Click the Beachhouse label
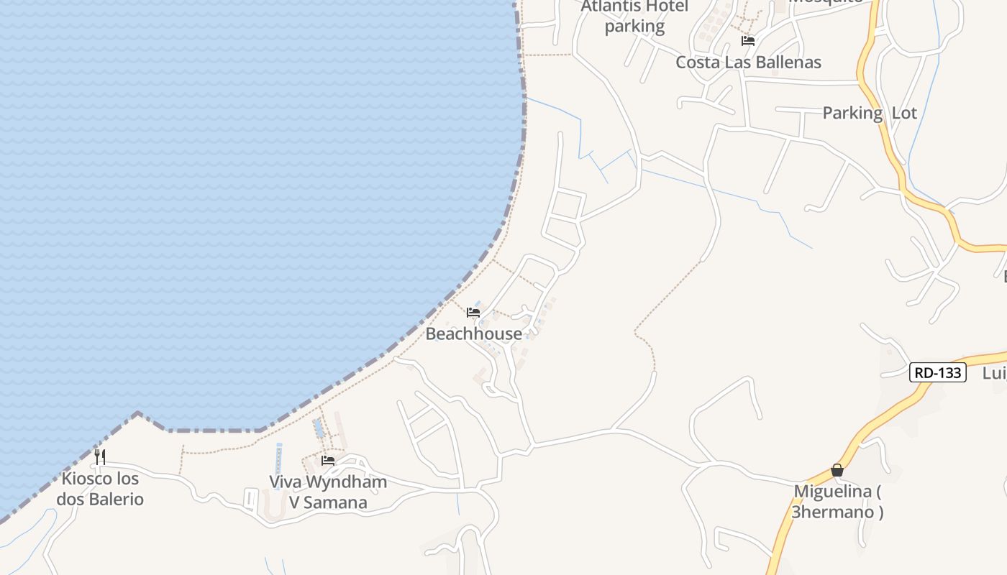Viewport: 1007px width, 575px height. pos(473,333)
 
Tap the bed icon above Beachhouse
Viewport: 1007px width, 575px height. pos(473,313)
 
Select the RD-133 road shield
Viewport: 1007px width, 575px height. pos(937,372)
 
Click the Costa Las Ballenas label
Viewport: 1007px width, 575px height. pos(748,62)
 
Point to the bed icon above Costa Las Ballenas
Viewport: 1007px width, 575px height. pos(748,41)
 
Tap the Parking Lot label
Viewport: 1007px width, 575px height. pos(870,113)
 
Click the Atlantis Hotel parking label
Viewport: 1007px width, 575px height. pos(634,16)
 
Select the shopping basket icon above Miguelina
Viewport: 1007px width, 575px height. pos(837,471)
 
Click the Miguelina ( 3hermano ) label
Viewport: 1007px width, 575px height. pos(837,502)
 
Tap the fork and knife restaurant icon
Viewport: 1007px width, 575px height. pos(100,456)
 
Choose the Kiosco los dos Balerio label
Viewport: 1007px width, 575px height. pos(101,489)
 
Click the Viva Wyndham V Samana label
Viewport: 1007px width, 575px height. pos(328,492)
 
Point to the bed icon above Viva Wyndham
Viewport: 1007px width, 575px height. pos(328,460)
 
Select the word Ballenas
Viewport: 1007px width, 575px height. pos(789,62)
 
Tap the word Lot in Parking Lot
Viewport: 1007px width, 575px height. pos(904,113)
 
